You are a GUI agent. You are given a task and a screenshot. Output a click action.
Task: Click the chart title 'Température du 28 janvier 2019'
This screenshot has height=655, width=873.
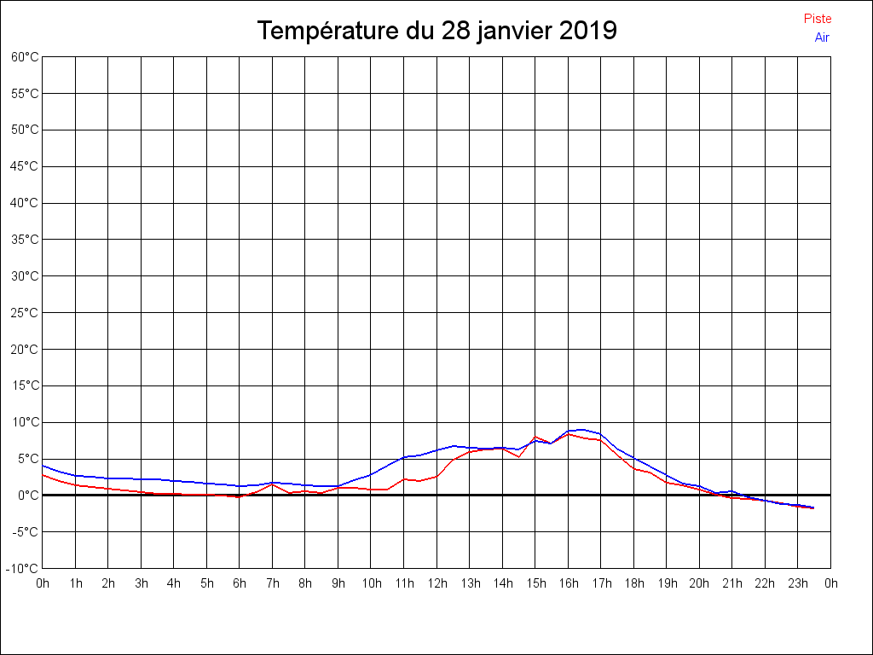tap(436, 31)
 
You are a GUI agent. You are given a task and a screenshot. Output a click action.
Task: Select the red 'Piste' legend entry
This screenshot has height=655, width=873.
tap(817, 19)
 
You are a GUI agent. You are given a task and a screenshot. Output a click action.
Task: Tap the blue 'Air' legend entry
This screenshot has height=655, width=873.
tap(821, 38)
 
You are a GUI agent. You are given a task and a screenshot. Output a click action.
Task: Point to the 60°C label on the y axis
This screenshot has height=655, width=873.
tap(25, 57)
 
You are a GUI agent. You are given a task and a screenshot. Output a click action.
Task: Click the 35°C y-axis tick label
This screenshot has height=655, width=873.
tap(25, 240)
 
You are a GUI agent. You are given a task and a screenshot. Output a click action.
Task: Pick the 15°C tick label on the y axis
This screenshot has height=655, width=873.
tap(25, 385)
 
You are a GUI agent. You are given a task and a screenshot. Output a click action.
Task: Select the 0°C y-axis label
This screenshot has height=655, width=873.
tap(27, 496)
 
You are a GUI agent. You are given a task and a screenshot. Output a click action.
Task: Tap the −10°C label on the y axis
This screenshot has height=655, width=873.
tap(23, 569)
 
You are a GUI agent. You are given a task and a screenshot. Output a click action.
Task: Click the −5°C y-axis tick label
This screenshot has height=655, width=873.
tap(25, 532)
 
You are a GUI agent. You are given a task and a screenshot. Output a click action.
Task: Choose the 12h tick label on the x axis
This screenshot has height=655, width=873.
tap(436, 584)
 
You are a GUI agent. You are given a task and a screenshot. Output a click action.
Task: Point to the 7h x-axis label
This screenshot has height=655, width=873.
tap(273, 584)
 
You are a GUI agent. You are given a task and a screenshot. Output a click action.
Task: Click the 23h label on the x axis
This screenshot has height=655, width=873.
tap(798, 584)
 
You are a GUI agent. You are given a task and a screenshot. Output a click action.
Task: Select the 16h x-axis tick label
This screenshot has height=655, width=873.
tap(569, 584)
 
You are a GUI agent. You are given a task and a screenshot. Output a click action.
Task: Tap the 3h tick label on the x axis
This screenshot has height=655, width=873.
tap(142, 584)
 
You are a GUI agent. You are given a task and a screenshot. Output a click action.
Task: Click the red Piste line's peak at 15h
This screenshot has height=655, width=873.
tap(535, 437)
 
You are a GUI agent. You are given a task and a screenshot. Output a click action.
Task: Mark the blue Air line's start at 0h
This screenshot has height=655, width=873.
tap(43, 466)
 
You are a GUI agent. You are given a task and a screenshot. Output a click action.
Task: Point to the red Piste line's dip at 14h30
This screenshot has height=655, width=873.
tap(519, 457)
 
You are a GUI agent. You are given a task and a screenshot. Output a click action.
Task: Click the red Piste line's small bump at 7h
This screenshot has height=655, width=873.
tap(273, 485)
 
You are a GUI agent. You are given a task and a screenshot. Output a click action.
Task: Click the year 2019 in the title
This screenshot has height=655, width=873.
tap(588, 31)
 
